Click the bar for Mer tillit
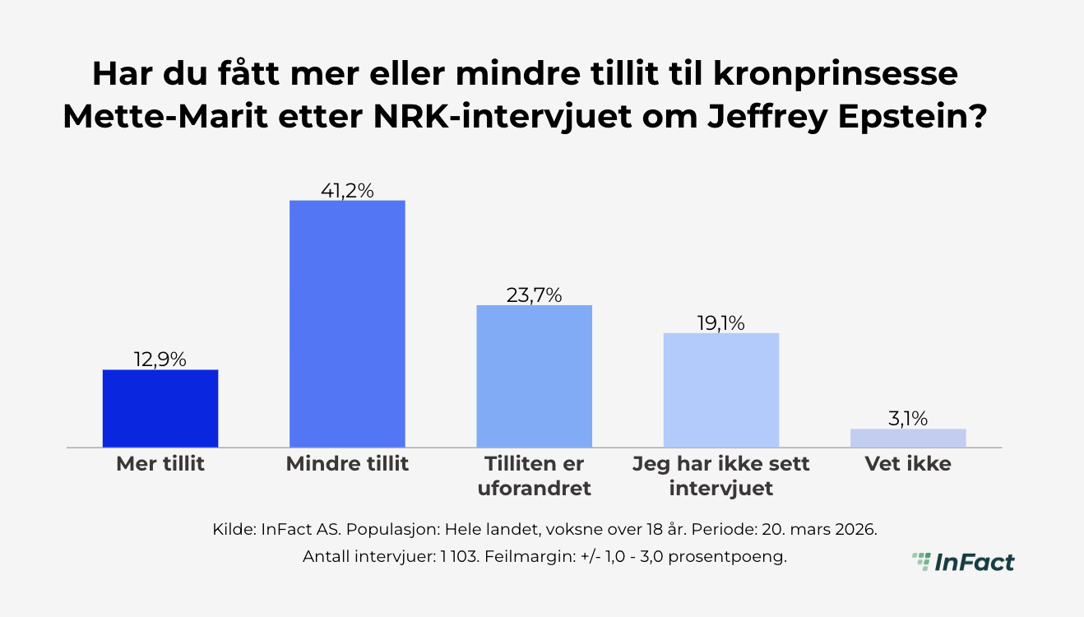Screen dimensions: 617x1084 click(160, 409)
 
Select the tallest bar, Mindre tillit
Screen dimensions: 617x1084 click(347, 324)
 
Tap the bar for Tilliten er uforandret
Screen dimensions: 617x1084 click(535, 377)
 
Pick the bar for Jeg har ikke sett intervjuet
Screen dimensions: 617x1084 click(721, 391)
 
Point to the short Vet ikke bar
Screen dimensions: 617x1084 click(908, 438)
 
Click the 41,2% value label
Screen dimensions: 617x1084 click(347, 191)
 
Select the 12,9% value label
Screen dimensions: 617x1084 click(160, 360)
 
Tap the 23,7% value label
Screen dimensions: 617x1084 click(535, 295)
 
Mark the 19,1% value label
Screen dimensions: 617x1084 click(721, 323)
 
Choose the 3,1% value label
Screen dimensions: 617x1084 click(908, 419)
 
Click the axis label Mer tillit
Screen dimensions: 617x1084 click(160, 464)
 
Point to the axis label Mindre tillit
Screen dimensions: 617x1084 click(347, 464)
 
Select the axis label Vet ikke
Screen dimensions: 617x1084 click(908, 464)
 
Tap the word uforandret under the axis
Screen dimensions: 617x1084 click(535, 489)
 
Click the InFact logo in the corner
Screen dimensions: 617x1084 click(963, 562)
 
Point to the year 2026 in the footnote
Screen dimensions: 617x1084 click(856, 528)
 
